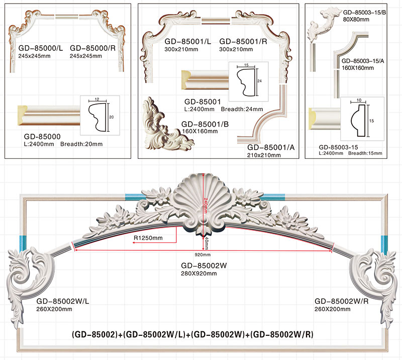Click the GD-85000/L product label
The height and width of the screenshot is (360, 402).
point(40,48)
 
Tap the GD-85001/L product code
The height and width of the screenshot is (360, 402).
point(187,42)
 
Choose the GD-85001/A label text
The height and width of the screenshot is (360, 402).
point(271,147)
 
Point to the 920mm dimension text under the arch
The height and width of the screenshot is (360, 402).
point(204,255)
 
